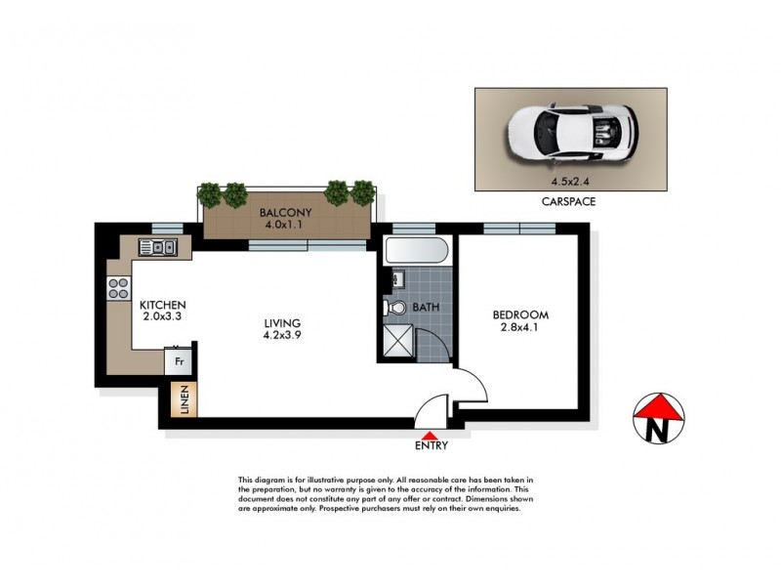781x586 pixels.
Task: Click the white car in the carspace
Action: [571, 133]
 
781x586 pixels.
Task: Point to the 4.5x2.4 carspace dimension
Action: [571, 180]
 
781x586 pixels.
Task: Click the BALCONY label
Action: [286, 213]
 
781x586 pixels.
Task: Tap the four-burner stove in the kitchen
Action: [118, 288]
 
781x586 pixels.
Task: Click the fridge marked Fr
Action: [180, 360]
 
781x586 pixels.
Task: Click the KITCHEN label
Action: [162, 304]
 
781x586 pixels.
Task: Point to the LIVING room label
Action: [280, 323]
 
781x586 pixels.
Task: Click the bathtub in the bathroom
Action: [417, 253]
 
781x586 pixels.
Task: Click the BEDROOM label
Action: [520, 314]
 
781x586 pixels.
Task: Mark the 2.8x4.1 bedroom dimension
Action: [520, 328]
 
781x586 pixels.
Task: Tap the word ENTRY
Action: [431, 446]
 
